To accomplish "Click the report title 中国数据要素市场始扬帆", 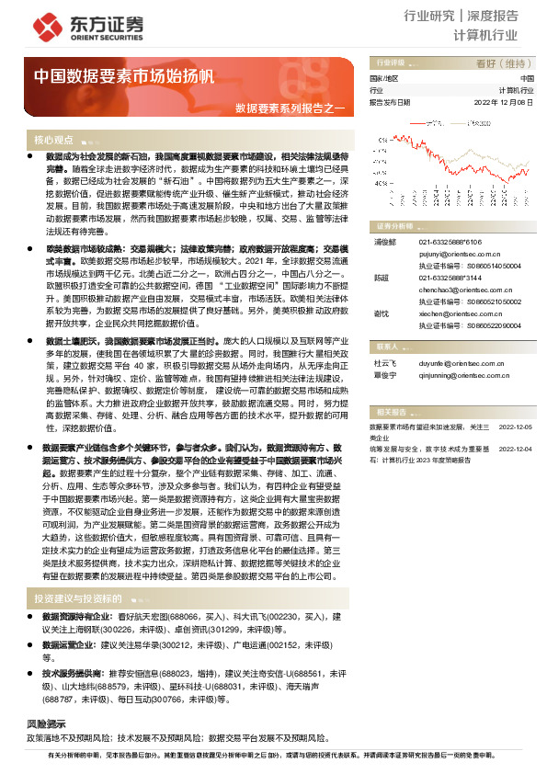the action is (x=124, y=76).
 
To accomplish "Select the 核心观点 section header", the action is (x=53, y=140).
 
